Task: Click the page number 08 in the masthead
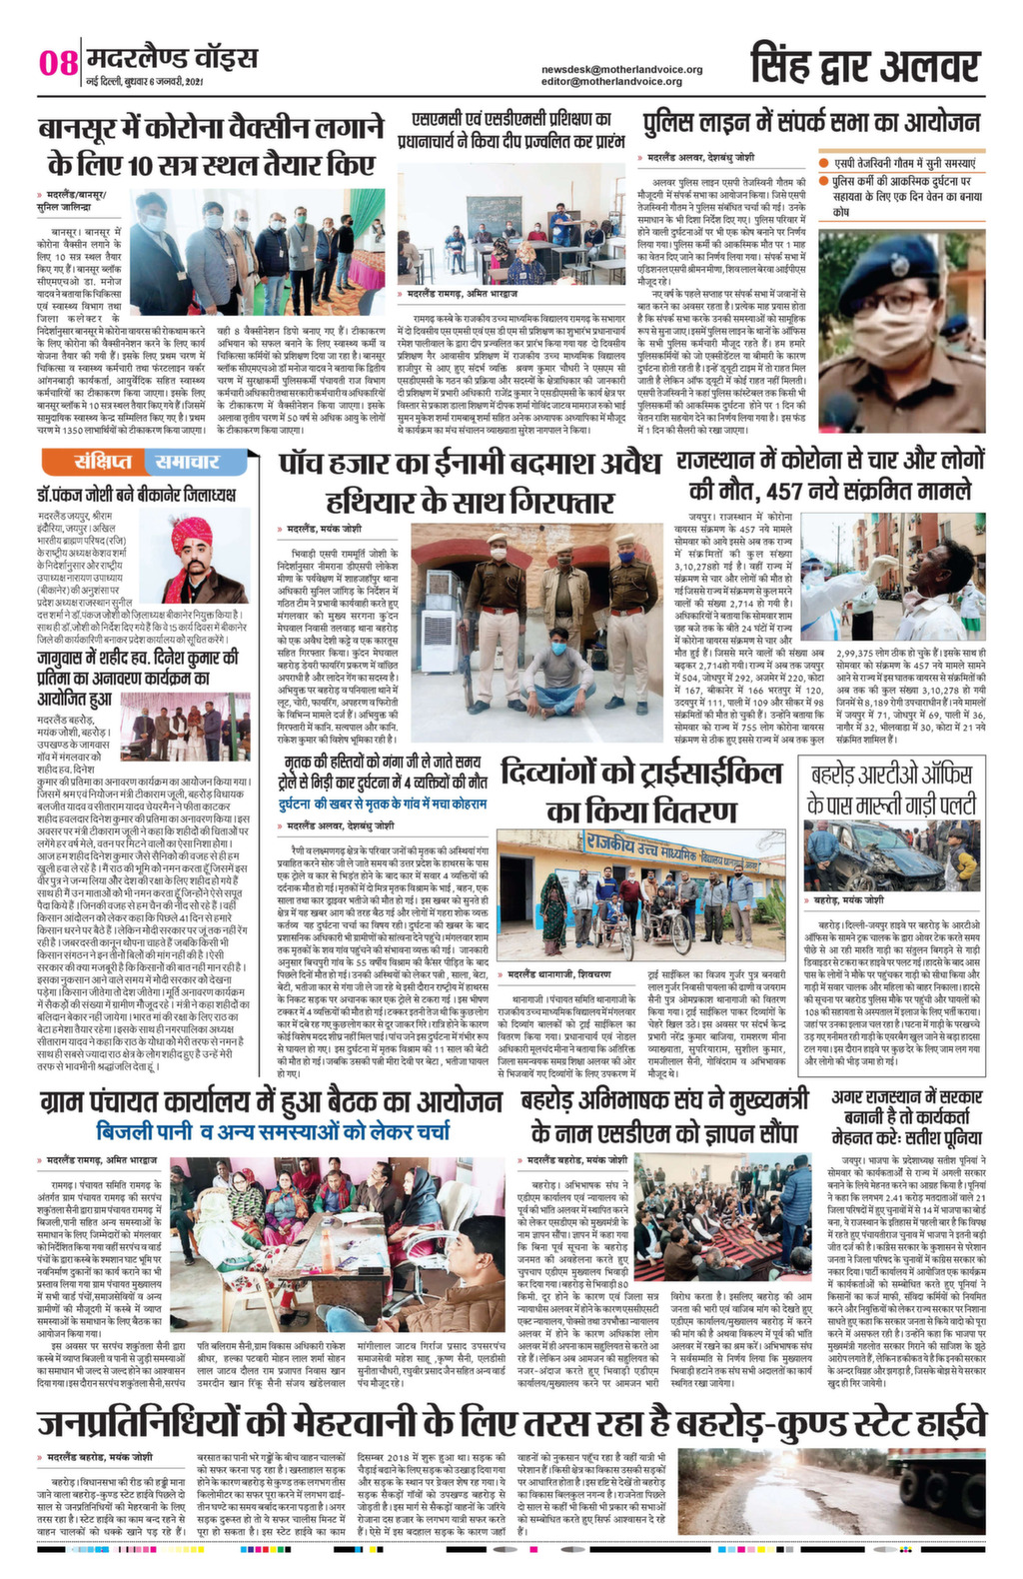58,63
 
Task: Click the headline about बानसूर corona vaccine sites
211,146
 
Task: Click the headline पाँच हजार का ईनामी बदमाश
470,482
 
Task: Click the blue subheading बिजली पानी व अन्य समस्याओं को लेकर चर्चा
273,1131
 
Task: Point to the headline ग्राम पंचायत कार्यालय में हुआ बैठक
271,1101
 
